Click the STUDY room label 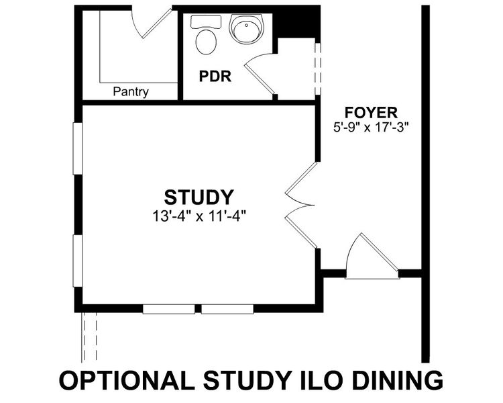(199, 197)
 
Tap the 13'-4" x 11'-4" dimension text (199, 216)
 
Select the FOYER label (371, 112)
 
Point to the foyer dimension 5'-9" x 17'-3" (370, 128)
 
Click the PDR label (215, 77)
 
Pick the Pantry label (131, 92)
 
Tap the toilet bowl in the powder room (206, 42)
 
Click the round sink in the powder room (247, 29)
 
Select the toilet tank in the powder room (206, 22)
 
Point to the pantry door (156, 24)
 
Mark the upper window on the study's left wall (78, 148)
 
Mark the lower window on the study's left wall (78, 261)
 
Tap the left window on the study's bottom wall (169, 309)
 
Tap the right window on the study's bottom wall (227, 309)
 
